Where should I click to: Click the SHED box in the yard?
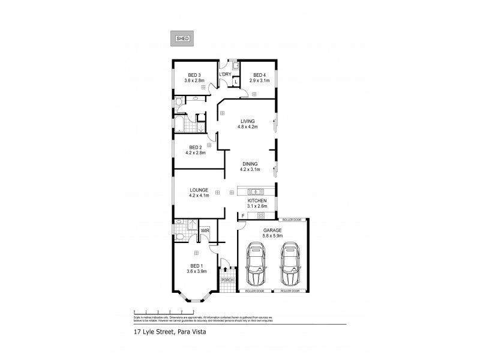(182, 39)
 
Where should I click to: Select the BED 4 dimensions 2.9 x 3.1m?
(259, 80)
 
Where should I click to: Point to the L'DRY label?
(225, 74)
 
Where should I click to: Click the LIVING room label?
(248, 121)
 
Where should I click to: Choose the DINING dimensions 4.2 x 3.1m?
(250, 169)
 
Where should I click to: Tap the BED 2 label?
(194, 148)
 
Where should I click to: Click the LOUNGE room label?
(199, 190)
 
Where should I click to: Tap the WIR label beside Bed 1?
(205, 230)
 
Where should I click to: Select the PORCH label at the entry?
(227, 280)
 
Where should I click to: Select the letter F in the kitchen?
(244, 215)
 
